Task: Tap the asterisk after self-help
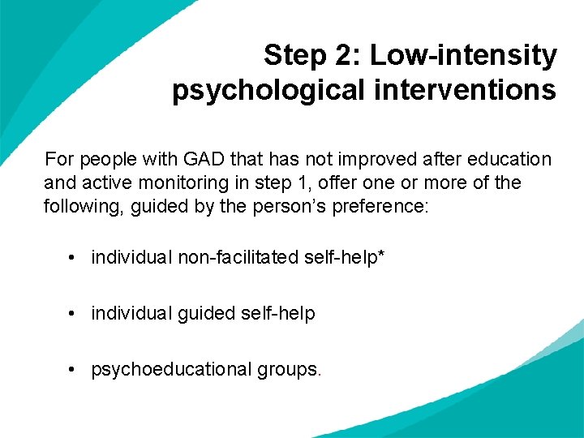(x=381, y=255)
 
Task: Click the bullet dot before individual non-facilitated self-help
(x=73, y=258)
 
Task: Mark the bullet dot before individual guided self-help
(x=73, y=313)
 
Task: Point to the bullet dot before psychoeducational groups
(x=73, y=369)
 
